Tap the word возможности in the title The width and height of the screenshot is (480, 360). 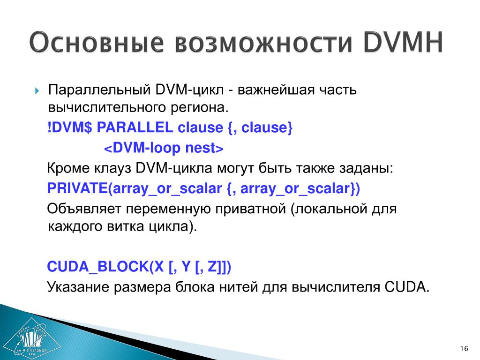point(263,42)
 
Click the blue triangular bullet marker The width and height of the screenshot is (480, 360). point(37,91)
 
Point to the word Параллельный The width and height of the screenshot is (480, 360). point(99,90)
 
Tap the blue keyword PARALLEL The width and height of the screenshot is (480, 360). point(135,127)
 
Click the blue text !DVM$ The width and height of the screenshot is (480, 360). point(69,127)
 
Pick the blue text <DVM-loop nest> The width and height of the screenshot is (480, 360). point(164,148)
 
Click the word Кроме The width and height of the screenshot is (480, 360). point(68,168)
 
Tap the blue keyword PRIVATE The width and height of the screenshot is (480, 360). point(77,188)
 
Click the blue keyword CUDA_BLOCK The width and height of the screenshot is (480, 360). point(98,267)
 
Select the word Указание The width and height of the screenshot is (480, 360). point(78,287)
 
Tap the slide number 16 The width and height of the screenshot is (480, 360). point(464,348)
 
